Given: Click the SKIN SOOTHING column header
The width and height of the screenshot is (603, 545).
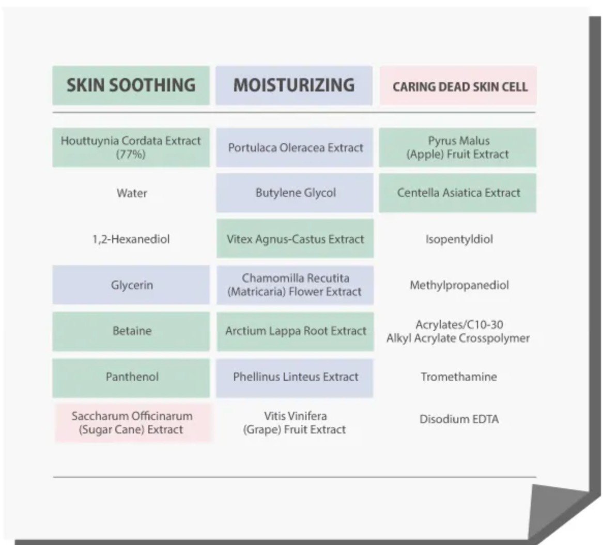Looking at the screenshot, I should click(x=131, y=85).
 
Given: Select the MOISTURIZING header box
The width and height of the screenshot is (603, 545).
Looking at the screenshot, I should click(x=294, y=85).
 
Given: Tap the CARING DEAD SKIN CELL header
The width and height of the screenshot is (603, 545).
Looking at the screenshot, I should click(x=459, y=86).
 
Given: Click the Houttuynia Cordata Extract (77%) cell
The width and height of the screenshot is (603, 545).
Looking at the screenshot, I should click(x=131, y=147).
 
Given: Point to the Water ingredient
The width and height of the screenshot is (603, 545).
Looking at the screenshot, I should click(x=132, y=193).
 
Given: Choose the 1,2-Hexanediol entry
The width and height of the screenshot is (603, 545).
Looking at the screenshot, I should click(x=131, y=239).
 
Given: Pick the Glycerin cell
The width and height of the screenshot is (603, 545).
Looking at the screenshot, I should click(x=132, y=285).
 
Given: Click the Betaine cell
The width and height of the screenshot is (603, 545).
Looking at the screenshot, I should click(x=132, y=331).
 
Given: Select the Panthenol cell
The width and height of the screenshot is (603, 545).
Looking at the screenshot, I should click(x=132, y=377).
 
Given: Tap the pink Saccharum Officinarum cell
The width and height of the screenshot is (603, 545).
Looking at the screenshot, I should click(x=132, y=423).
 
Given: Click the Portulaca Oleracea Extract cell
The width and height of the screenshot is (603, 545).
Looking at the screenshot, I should click(x=295, y=148).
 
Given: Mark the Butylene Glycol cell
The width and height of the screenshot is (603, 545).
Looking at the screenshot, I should click(x=295, y=193).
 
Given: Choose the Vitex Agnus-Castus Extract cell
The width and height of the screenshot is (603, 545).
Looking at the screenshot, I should click(x=295, y=239).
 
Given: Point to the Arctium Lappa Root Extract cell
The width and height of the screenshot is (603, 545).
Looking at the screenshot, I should click(x=295, y=331).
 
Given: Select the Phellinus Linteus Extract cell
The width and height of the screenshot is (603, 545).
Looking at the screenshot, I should click(x=295, y=377).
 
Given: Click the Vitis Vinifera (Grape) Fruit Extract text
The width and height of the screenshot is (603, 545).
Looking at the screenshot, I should click(x=295, y=423).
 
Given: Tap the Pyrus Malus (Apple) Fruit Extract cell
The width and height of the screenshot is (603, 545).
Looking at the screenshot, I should click(x=458, y=147).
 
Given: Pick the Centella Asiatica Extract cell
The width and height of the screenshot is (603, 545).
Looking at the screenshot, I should click(x=458, y=193).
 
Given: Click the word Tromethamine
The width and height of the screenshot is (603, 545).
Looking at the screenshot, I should click(x=458, y=377).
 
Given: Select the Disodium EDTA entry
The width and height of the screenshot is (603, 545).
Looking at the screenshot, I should click(x=458, y=419).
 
